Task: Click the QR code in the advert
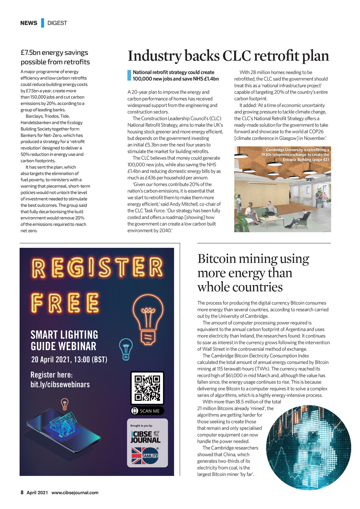point(147,388)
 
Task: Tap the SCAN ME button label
point(147,411)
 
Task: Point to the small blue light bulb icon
point(126,349)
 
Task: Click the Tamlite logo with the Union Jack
point(145,456)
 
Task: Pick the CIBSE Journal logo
point(146,437)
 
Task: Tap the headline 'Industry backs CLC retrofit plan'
point(228,56)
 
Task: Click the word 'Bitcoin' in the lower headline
point(217,259)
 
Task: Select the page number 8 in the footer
point(22,492)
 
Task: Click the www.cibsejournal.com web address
point(75,492)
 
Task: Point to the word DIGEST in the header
point(57,23)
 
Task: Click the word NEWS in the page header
point(28,23)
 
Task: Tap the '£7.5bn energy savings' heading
point(54,53)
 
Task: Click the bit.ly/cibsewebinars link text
point(60,384)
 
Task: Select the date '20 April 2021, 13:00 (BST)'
point(69,360)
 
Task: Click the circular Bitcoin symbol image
point(308,447)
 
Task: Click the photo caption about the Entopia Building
point(295,155)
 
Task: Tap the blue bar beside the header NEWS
point(43,23)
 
